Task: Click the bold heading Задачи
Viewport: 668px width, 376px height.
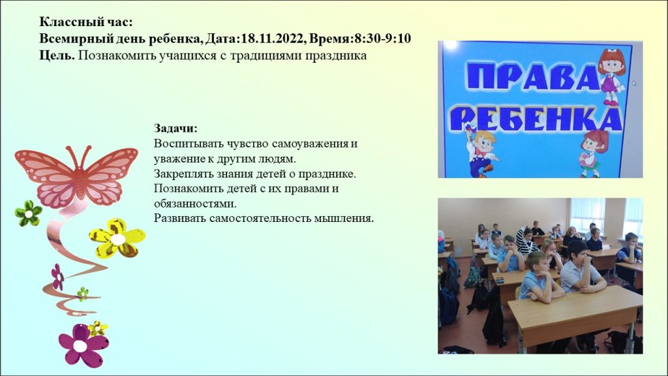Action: click(175, 129)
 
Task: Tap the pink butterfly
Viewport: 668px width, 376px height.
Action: click(77, 175)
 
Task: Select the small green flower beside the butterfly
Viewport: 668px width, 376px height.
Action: click(28, 213)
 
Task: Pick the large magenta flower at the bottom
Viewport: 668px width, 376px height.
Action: click(83, 345)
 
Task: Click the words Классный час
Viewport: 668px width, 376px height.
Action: click(86, 22)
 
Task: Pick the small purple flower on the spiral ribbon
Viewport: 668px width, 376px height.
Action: click(57, 277)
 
